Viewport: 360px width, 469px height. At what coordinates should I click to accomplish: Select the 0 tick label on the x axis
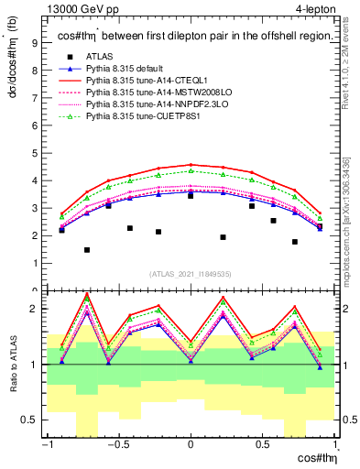(x=190, y=446)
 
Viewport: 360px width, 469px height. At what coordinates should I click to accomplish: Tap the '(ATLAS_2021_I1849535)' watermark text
(x=191, y=273)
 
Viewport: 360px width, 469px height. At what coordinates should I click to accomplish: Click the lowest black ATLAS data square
(x=87, y=250)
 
